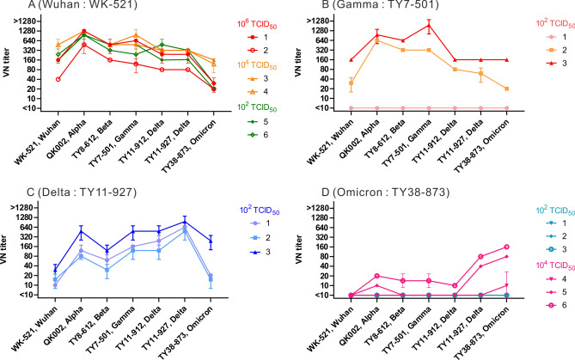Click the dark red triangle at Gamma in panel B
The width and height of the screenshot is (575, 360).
click(x=428, y=26)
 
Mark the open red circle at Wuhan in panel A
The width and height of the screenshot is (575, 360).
click(x=58, y=79)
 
